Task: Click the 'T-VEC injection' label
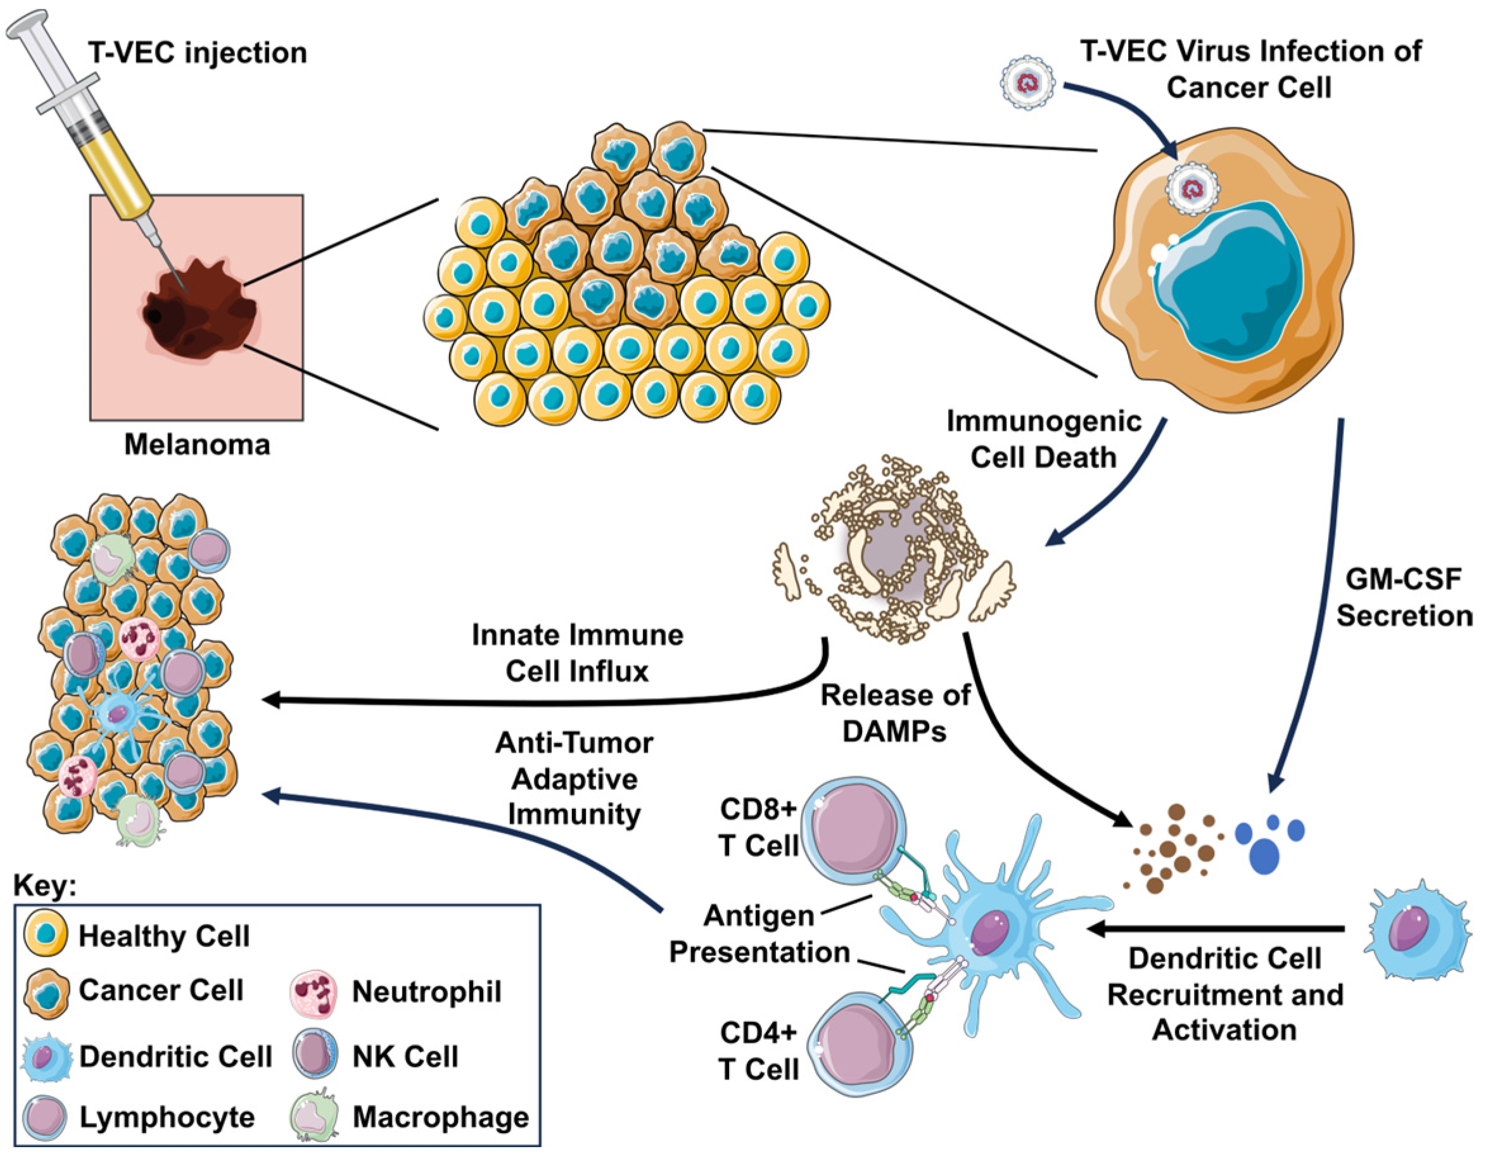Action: click(198, 53)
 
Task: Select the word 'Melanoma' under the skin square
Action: click(197, 445)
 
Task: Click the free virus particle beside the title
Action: click(1027, 84)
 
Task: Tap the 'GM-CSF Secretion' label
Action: click(1404, 597)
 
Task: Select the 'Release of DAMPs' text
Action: click(894, 712)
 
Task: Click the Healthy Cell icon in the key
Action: click(45, 935)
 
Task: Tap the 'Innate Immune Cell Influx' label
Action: click(577, 653)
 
